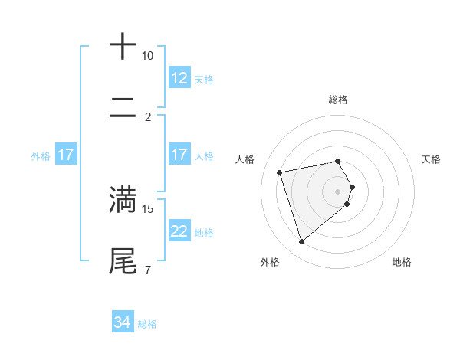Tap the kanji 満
pyautogui.click(x=123, y=199)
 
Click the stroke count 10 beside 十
pyautogui.click(x=147, y=56)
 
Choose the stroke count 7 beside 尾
pyautogui.click(x=147, y=270)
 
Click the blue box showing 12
pyautogui.click(x=179, y=78)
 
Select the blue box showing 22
pyautogui.click(x=179, y=231)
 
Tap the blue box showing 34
pyautogui.click(x=123, y=323)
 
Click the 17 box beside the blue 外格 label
pyautogui.click(x=66, y=155)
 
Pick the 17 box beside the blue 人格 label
pyautogui.click(x=179, y=155)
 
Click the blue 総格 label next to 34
pyautogui.click(x=147, y=324)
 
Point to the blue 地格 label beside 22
pyautogui.click(x=204, y=232)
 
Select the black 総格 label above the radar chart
pyautogui.click(x=337, y=100)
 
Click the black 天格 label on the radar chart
pyautogui.click(x=432, y=159)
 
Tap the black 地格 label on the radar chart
pyautogui.click(x=402, y=262)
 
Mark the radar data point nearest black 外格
pyautogui.click(x=301, y=242)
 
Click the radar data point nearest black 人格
pyautogui.click(x=280, y=172)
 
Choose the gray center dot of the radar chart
pyautogui.click(x=337, y=191)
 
